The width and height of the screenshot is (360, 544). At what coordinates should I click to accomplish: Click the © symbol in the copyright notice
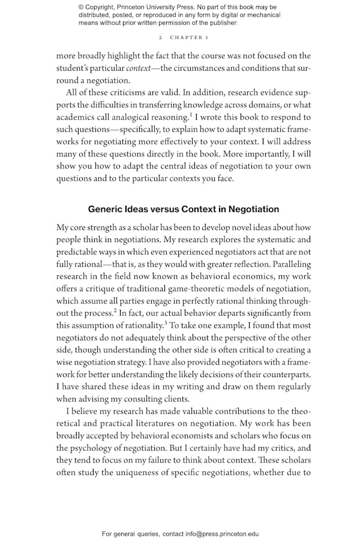click(x=81, y=7)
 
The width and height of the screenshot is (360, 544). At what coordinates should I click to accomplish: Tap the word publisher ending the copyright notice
click(x=221, y=23)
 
